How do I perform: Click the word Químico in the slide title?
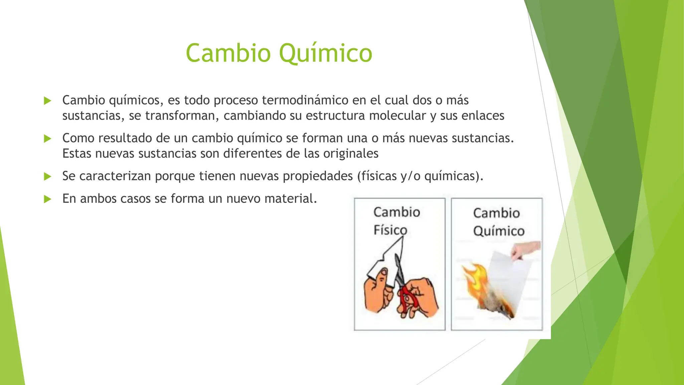pyautogui.click(x=325, y=53)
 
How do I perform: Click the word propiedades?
pyautogui.click(x=318, y=176)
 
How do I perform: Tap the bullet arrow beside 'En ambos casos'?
pyautogui.click(x=48, y=199)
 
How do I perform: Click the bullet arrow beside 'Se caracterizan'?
pyautogui.click(x=48, y=176)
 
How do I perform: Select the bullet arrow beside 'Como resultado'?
pyautogui.click(x=48, y=138)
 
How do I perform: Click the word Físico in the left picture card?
pyautogui.click(x=390, y=230)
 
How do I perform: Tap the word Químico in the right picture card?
pyautogui.click(x=499, y=231)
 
